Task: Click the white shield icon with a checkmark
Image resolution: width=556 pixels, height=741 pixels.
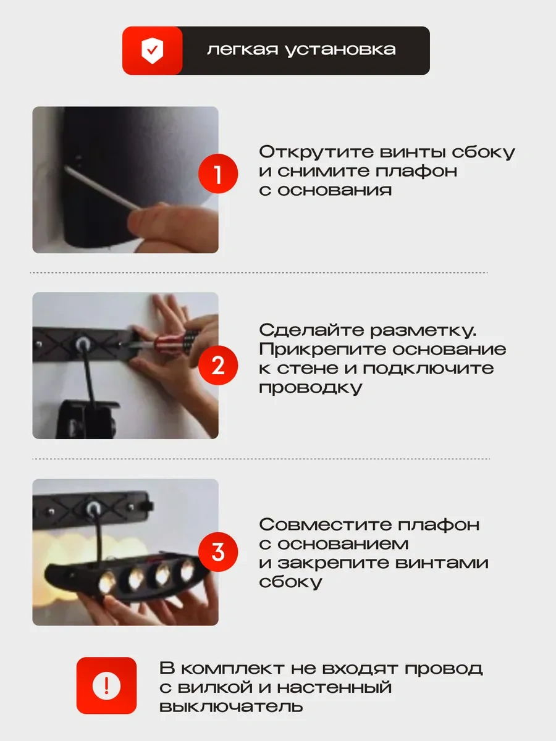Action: pyautogui.click(x=152, y=51)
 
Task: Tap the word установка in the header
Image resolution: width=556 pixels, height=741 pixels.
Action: pyautogui.click(x=340, y=50)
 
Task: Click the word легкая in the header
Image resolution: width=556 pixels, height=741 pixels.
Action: pyautogui.click(x=243, y=49)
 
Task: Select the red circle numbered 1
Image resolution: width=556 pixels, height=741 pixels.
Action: pyautogui.click(x=218, y=174)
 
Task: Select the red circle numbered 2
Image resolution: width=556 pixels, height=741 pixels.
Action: pyautogui.click(x=218, y=366)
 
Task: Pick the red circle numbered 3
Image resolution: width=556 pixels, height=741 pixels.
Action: pyautogui.click(x=218, y=552)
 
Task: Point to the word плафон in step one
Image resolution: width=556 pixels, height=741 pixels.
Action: pyautogui.click(x=416, y=172)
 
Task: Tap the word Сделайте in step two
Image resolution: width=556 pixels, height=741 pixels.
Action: pyautogui.click(x=311, y=330)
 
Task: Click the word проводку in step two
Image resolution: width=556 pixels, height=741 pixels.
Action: pyautogui.click(x=311, y=388)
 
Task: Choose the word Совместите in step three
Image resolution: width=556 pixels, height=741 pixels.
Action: pyautogui.click(x=325, y=525)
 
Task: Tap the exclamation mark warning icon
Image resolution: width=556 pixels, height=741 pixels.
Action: pyautogui.click(x=106, y=685)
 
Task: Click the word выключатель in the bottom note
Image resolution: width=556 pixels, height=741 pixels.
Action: pyautogui.click(x=231, y=706)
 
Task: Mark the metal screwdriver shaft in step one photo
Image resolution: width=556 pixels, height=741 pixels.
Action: pyautogui.click(x=101, y=187)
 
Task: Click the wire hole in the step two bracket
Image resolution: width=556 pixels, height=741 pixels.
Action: pyautogui.click(x=82, y=344)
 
